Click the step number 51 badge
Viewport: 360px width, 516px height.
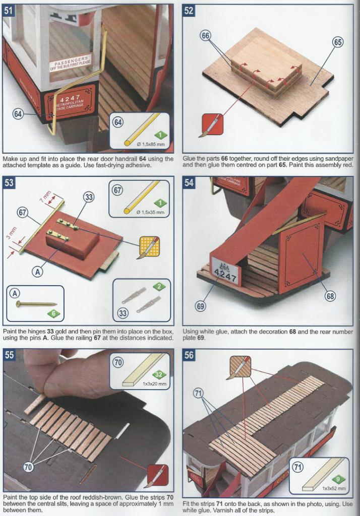tap(8, 10)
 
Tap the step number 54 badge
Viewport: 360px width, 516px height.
tap(189, 182)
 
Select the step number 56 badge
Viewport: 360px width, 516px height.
tap(189, 355)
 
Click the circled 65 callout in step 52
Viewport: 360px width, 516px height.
tap(338, 42)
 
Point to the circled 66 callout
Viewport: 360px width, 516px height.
tap(205, 36)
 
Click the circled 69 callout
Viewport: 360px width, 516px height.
tap(200, 307)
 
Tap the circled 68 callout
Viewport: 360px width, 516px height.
tap(330, 296)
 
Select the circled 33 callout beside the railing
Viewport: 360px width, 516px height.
tap(89, 197)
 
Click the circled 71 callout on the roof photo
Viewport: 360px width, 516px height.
tap(198, 393)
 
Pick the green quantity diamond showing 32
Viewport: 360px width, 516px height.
tap(159, 374)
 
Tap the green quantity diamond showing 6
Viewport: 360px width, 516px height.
tap(53, 313)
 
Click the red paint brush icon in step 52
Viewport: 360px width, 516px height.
tap(212, 125)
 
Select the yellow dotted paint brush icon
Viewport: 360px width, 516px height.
tap(149, 246)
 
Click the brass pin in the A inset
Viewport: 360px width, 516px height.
tap(36, 303)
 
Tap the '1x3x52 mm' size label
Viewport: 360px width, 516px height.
tap(334, 488)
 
